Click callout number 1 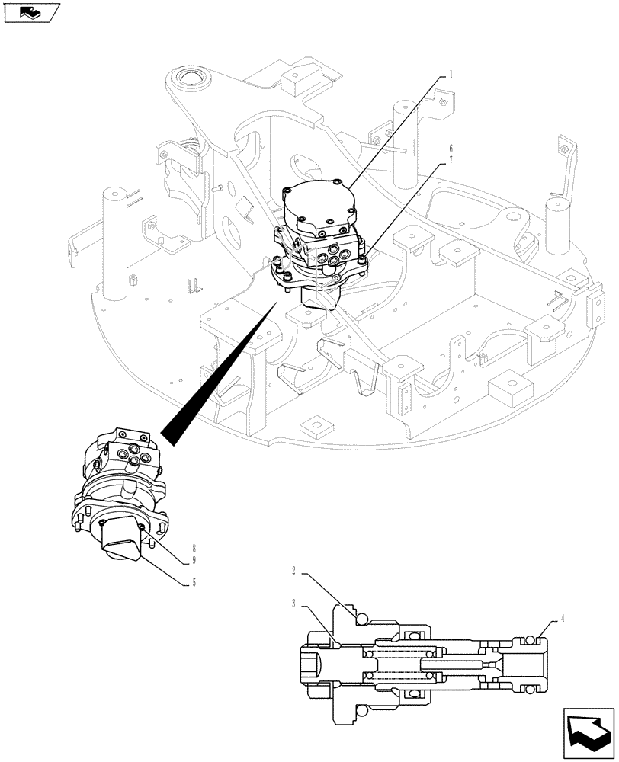click(x=451, y=74)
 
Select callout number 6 click(x=451, y=148)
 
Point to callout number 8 click(x=194, y=548)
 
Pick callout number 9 click(x=194, y=559)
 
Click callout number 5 click(x=194, y=582)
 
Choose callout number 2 click(x=293, y=569)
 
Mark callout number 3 click(x=293, y=602)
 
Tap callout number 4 click(x=563, y=618)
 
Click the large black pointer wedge click(x=221, y=373)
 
